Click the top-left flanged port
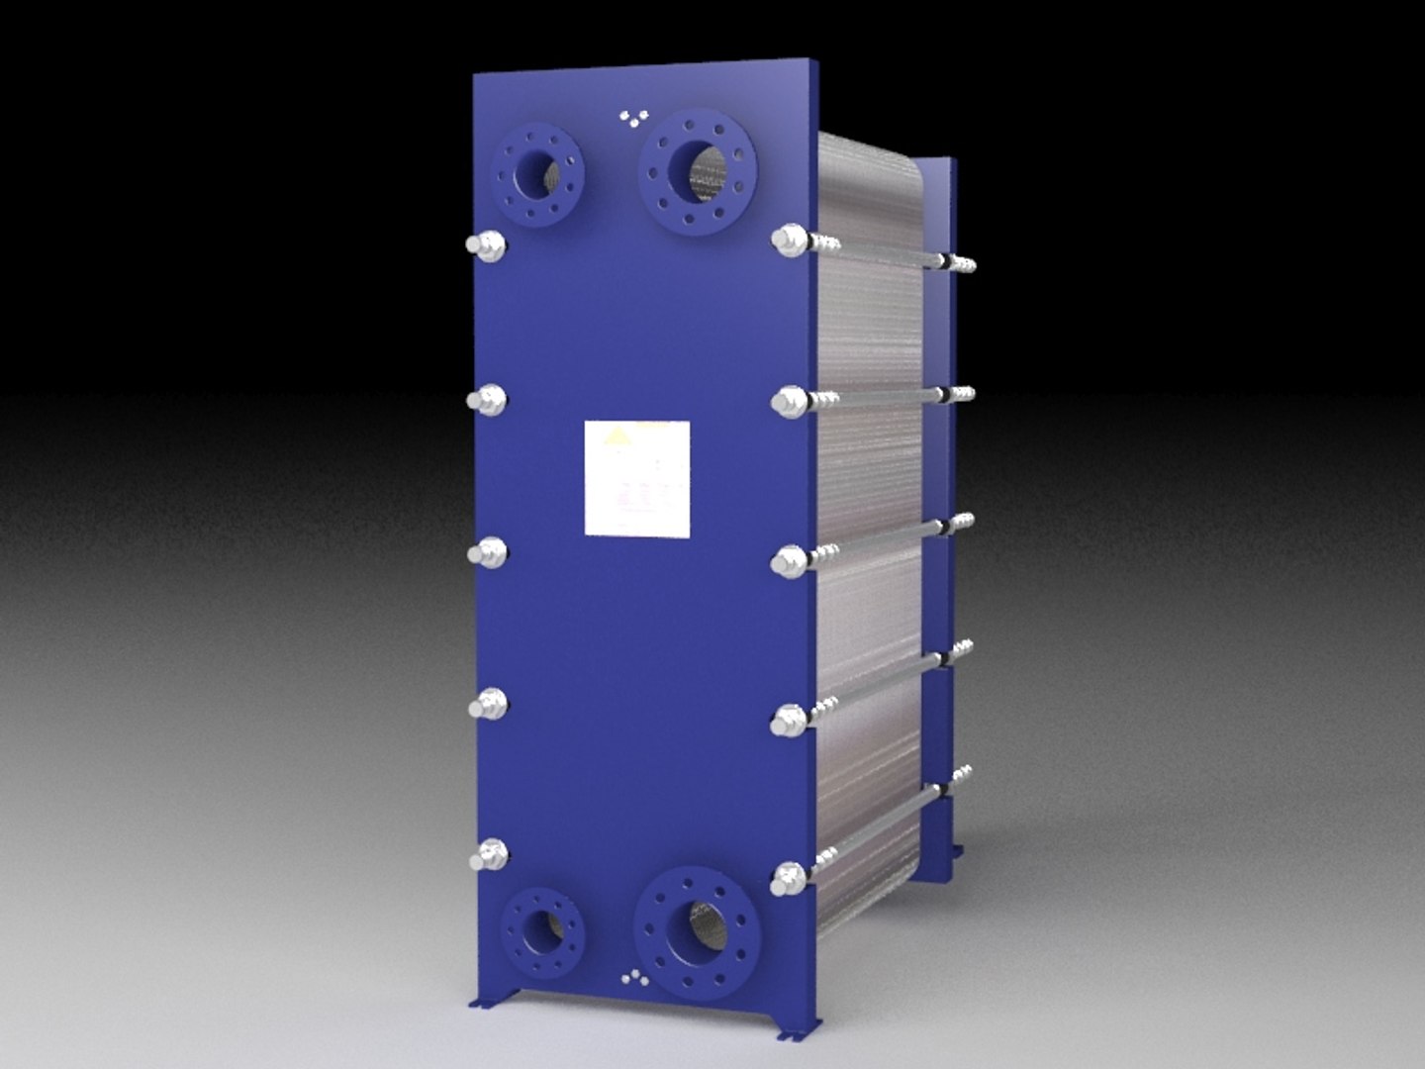tap(540, 175)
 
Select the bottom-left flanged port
tap(541, 930)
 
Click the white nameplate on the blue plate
tap(636, 478)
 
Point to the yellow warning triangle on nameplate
tap(617, 437)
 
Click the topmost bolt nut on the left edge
tap(487, 245)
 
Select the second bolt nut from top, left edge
tap(487, 400)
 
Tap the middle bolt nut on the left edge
tap(487, 552)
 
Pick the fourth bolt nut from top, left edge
tap(488, 705)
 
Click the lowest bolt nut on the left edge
tap(489, 855)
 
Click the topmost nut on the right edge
tap(790, 241)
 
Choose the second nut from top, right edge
tap(789, 401)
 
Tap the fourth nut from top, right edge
tap(788, 719)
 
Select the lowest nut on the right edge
tap(788, 878)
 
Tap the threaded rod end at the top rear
tap(962, 264)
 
